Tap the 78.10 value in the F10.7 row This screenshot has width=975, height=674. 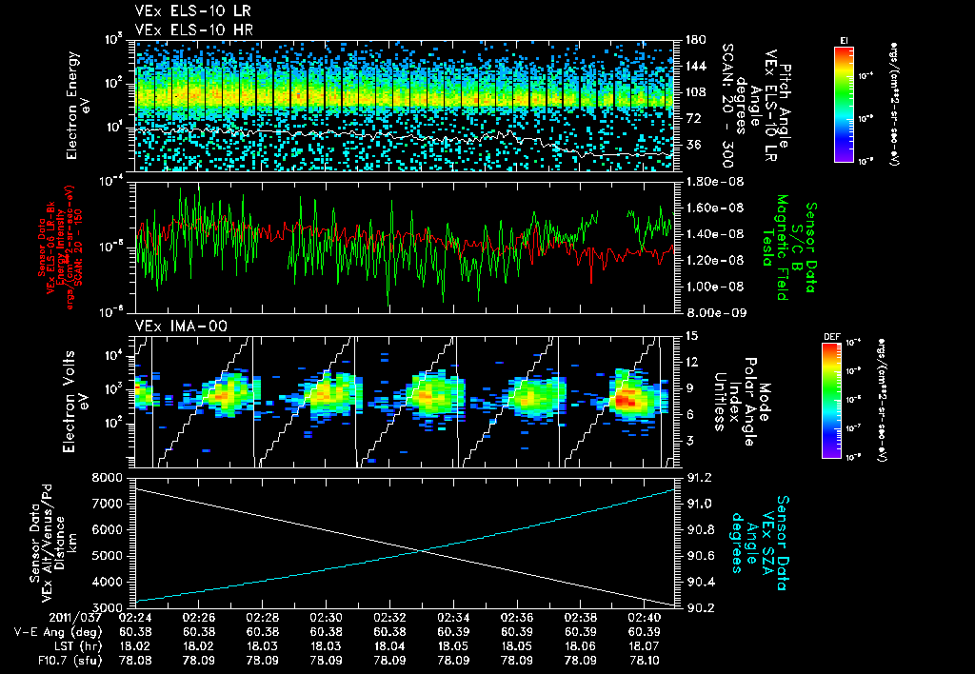point(644,659)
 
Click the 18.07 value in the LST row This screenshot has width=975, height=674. point(644,644)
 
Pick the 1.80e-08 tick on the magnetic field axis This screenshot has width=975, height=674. point(712,181)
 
